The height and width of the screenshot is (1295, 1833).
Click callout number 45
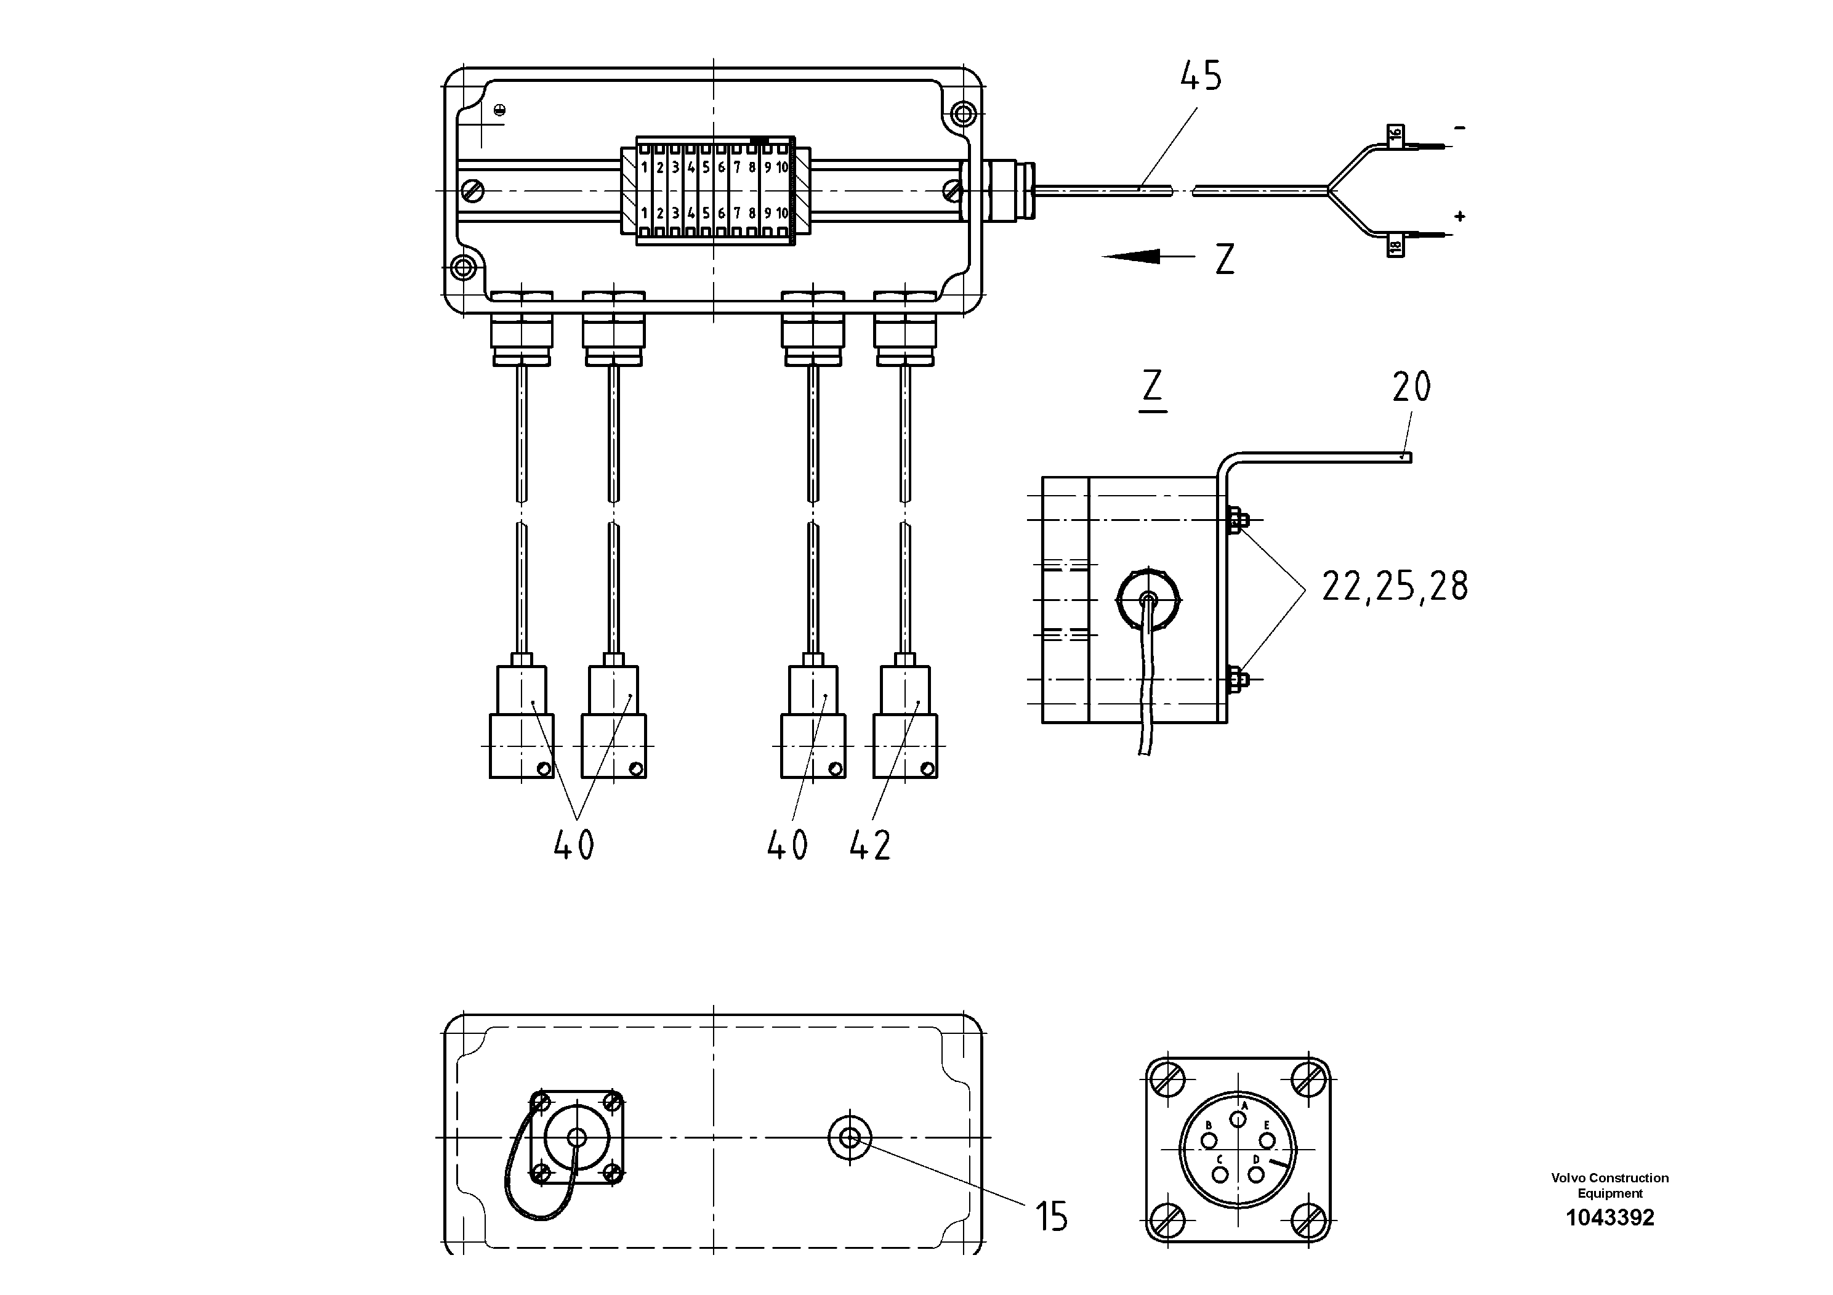[x=1201, y=76]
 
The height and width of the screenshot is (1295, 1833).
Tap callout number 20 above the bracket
[x=1411, y=387]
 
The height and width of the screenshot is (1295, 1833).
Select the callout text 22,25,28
[x=1394, y=586]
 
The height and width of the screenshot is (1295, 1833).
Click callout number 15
[x=1052, y=1217]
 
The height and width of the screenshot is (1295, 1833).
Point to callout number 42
[x=869, y=845]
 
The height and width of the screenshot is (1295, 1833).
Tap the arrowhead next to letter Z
[x=1134, y=256]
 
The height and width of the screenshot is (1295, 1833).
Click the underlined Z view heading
[x=1152, y=387]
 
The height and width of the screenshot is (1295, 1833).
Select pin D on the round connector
[x=1257, y=1174]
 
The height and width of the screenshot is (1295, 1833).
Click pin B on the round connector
[x=1209, y=1139]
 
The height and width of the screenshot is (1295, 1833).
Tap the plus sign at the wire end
[x=1459, y=216]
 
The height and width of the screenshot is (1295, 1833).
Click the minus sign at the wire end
[x=1459, y=127]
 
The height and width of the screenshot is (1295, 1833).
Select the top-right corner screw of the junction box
[x=964, y=113]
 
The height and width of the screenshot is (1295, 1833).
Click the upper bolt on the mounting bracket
[x=1236, y=520]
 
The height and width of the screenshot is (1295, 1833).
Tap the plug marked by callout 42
[x=905, y=722]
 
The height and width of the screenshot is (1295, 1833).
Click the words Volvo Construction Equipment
[x=1609, y=1185]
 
